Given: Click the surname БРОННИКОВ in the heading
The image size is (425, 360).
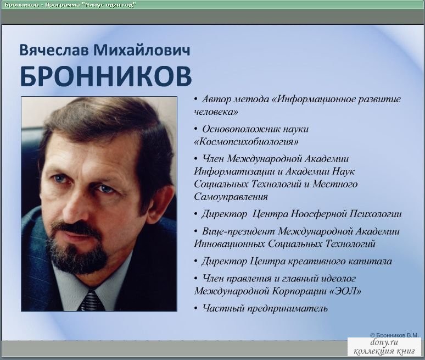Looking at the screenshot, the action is (x=106, y=76).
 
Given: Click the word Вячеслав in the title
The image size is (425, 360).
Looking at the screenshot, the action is (x=54, y=50).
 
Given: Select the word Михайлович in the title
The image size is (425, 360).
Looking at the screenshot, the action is (x=142, y=50).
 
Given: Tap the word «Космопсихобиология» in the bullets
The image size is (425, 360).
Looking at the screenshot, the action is (x=247, y=142).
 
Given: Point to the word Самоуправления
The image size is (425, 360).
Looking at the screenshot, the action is (x=231, y=197).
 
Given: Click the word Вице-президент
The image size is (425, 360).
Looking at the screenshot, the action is (x=238, y=232).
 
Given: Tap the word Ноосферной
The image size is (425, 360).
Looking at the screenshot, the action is (x=319, y=214).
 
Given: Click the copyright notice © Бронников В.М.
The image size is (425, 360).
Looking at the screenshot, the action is (x=394, y=335).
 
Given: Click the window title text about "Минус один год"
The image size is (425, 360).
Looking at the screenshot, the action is (x=70, y=4).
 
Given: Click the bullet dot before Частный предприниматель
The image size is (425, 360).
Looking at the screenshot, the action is (x=196, y=309).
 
